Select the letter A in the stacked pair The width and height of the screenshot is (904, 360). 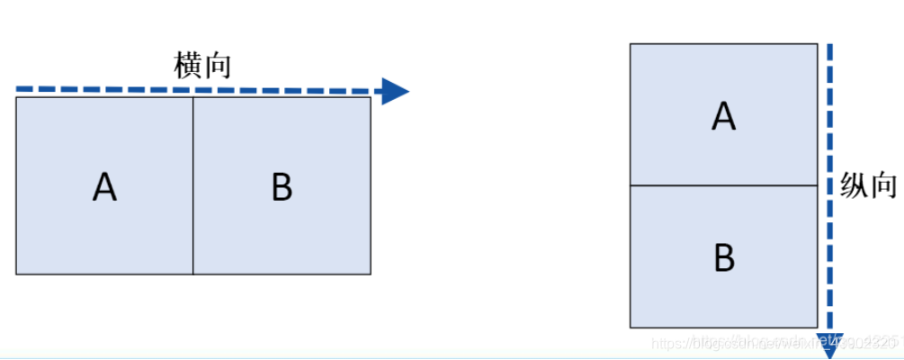tap(724, 115)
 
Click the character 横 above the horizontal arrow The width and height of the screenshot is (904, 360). tap(187, 67)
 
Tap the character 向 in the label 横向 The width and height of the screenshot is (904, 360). tap(217, 67)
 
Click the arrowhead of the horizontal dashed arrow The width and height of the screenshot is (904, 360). tap(394, 91)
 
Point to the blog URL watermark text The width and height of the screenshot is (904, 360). tap(774, 343)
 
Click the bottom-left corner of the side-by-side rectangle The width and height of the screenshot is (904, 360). tap(16, 274)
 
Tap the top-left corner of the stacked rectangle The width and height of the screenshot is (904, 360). tap(631, 44)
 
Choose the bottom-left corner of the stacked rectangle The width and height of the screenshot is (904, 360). tap(631, 328)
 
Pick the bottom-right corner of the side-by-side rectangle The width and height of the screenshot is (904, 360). tap(371, 274)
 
